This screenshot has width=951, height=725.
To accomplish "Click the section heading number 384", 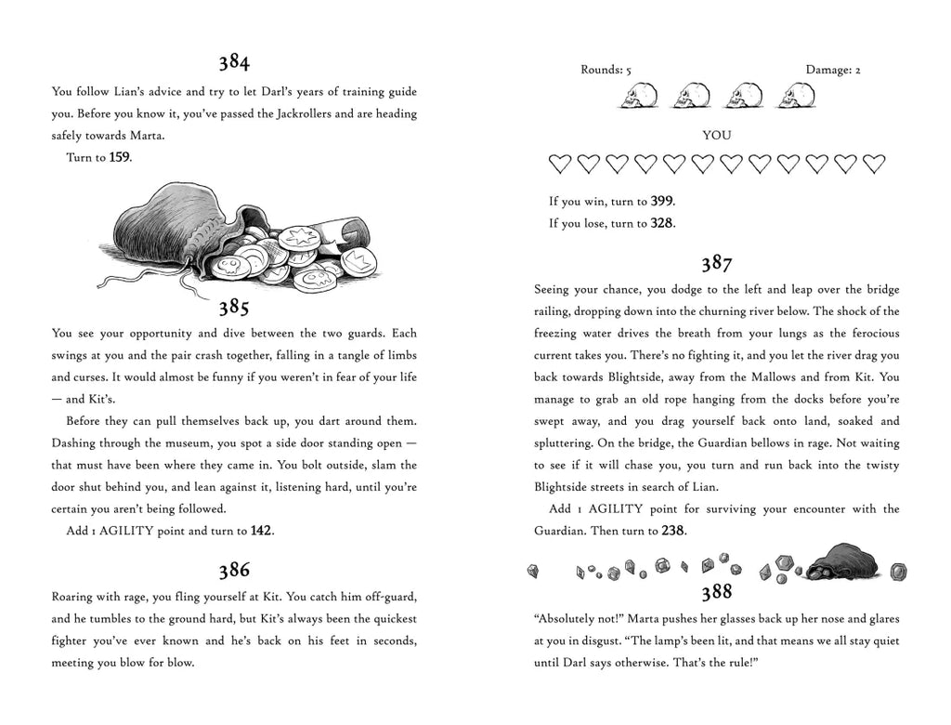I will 234,62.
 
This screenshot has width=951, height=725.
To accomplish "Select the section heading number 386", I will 234,570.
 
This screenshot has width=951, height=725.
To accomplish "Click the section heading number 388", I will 716,592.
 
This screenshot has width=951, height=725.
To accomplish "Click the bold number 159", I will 119,158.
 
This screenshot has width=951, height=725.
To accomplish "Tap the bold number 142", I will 261,532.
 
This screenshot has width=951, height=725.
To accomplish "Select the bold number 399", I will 661,202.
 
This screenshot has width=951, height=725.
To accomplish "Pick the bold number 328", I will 662,223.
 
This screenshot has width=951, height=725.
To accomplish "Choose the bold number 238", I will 673,531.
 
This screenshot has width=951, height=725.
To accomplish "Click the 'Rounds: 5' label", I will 606,70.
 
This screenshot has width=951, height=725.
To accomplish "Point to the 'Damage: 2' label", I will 833,70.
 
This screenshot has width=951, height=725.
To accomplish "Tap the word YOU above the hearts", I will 716,136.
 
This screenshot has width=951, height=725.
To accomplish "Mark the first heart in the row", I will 559,165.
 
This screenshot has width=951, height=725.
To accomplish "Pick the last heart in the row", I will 874,165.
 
